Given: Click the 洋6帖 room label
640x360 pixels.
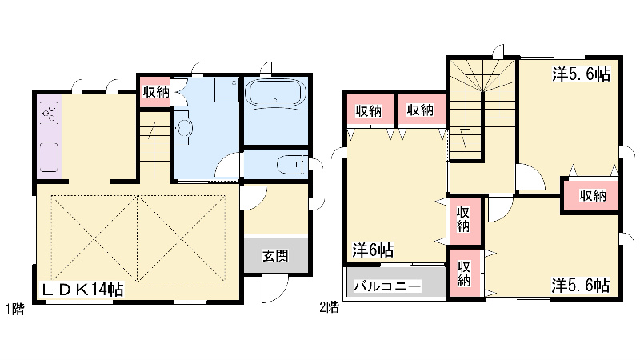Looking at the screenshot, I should pos(372,250).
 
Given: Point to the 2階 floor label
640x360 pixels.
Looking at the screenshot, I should pos(329,306).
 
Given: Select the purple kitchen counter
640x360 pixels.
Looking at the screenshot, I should pos(48,136).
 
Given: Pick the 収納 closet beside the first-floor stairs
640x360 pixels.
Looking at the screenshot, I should pos(156,92).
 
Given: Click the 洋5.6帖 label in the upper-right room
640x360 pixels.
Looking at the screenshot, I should pos(582,74).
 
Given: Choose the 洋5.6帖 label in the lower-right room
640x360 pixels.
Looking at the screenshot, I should pos(582,286).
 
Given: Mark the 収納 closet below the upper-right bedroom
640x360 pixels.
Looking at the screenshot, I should pos(592,195).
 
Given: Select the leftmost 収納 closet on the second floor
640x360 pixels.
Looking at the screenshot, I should pos(369,110).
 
